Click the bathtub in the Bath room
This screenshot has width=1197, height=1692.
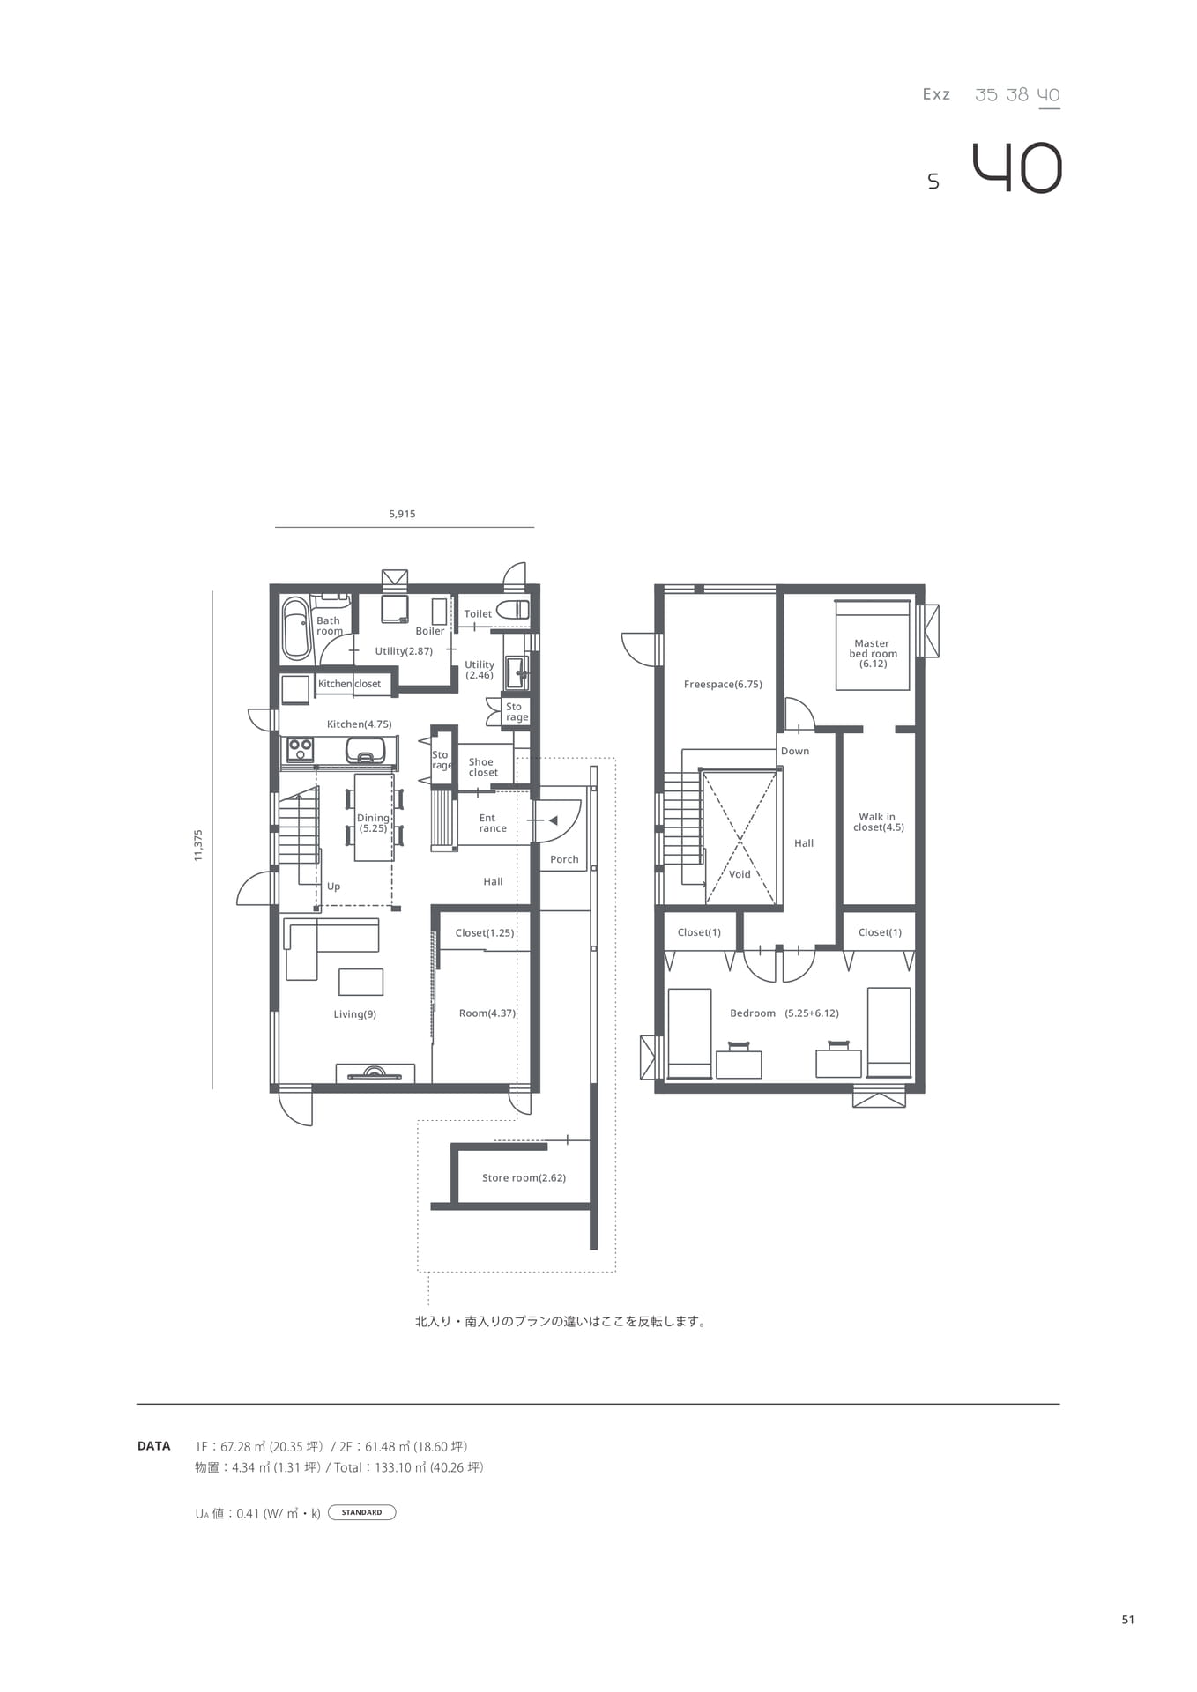(x=296, y=629)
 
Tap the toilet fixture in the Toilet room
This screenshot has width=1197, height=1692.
(x=513, y=609)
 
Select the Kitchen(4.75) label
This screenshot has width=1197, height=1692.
(x=360, y=724)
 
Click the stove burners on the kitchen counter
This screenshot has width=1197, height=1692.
(x=301, y=750)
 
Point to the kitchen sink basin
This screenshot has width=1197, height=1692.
(x=365, y=750)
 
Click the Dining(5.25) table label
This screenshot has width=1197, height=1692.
(x=373, y=823)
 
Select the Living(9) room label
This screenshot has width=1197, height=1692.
(x=355, y=1014)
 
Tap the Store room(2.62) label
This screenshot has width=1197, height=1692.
(x=524, y=1178)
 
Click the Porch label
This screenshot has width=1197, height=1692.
(x=564, y=859)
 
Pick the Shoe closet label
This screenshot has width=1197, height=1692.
(x=482, y=767)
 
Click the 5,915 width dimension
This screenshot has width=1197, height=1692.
(x=402, y=514)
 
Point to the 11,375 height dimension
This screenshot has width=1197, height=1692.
(x=198, y=844)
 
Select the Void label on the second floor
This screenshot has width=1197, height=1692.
(x=740, y=874)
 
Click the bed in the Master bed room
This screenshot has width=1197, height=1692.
(x=873, y=645)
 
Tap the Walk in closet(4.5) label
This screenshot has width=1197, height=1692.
(x=879, y=822)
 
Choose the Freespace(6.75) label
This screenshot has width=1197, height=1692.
(x=723, y=685)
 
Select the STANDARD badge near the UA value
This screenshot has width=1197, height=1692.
(x=361, y=1512)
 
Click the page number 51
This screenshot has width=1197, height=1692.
(x=1128, y=1620)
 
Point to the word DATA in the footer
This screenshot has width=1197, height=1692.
(x=154, y=1446)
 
